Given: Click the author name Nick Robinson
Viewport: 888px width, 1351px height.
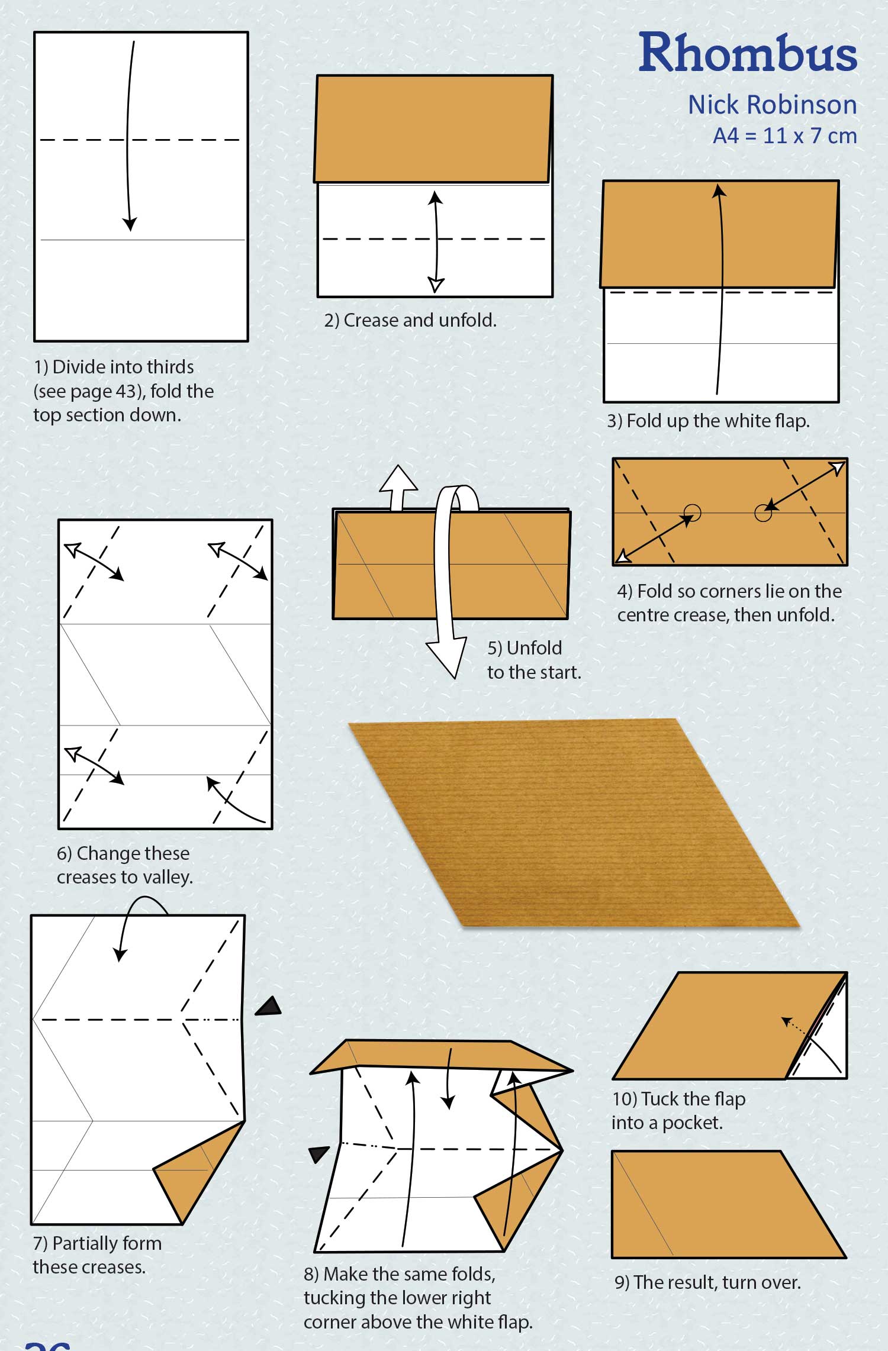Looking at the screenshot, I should [772, 105].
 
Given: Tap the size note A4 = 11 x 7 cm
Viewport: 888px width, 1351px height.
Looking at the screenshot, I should [784, 136].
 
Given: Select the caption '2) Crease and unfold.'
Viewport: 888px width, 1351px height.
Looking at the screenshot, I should [410, 320].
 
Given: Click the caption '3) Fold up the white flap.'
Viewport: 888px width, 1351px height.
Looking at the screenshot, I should [708, 421].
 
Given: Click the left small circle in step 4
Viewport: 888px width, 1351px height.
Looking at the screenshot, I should [692, 512].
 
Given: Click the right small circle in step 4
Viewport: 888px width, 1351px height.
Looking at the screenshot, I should [763, 513].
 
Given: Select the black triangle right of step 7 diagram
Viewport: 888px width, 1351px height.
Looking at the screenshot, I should [269, 1007].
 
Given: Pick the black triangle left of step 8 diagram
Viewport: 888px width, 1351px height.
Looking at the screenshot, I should [318, 1153].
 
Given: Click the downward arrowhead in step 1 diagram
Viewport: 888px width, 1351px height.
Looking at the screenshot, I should [130, 224].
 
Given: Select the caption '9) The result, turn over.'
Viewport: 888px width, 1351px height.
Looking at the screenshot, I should [707, 1282].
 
